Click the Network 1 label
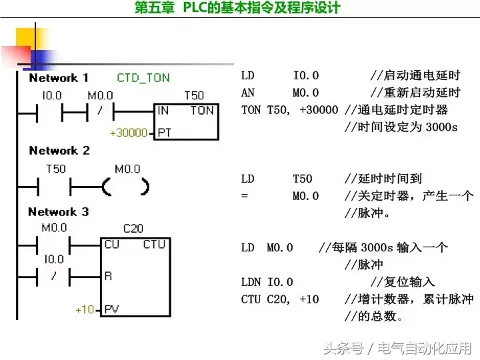59,78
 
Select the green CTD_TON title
143,78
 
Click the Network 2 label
59,151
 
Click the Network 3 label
58,212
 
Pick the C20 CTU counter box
135,276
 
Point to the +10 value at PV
85,309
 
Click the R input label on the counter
107,275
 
